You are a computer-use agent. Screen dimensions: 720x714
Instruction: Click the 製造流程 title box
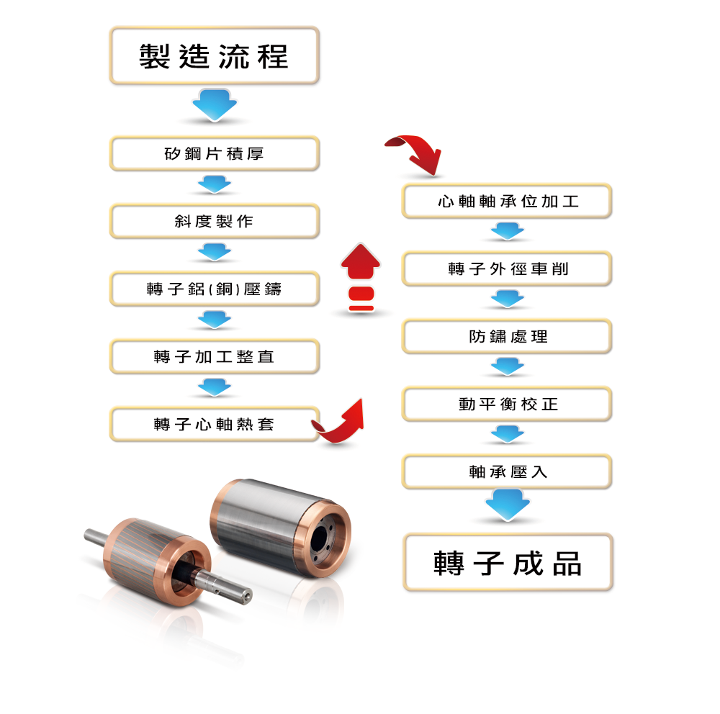214,55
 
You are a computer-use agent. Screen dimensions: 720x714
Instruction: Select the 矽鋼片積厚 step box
214,153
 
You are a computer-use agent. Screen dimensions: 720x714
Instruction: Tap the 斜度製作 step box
214,221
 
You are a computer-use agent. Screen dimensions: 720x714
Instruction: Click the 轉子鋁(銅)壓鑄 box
214,289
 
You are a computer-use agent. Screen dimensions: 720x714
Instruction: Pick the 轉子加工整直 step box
214,356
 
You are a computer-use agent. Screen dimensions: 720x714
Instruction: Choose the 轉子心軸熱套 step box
214,424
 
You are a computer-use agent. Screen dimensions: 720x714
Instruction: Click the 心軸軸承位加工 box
507,201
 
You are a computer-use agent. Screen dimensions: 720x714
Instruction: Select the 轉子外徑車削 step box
507,268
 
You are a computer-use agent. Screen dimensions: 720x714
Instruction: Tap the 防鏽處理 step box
507,336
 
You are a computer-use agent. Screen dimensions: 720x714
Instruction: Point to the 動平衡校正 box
507,404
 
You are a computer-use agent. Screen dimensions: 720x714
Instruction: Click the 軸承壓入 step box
507,471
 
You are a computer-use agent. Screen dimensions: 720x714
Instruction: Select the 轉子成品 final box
508,562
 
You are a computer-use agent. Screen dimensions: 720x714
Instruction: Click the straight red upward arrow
361,262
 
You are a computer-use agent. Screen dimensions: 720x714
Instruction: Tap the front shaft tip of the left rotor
247,597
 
